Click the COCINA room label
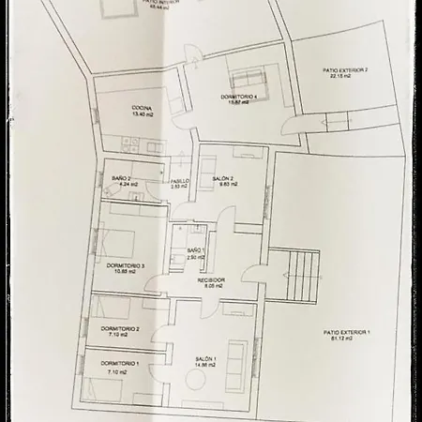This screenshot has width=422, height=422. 142,108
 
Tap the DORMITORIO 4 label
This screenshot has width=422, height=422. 238,97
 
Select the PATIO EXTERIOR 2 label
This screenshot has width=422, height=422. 345,70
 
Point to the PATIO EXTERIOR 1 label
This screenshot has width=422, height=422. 347,332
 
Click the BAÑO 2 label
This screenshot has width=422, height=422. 120,178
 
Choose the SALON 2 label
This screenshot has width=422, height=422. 223,178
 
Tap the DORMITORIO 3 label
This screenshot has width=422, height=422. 126,266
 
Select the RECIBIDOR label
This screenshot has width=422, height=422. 210,280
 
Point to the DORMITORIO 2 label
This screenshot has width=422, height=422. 119,328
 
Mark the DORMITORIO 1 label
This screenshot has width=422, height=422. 119,363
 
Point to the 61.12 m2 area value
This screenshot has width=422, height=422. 347,339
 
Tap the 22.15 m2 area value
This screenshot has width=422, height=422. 339,77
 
